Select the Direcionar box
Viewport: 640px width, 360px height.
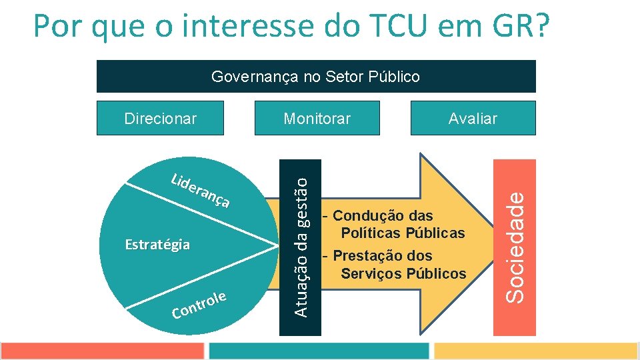160,118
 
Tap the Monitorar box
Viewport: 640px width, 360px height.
317,118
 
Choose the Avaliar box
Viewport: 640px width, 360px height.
473,118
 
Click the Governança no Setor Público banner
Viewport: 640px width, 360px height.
316,77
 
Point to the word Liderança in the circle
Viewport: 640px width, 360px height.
201,191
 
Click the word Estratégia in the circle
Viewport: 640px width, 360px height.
157,245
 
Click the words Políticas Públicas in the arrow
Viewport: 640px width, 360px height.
403,233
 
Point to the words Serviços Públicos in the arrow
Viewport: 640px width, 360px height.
403,273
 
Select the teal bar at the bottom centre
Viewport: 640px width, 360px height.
319,351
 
